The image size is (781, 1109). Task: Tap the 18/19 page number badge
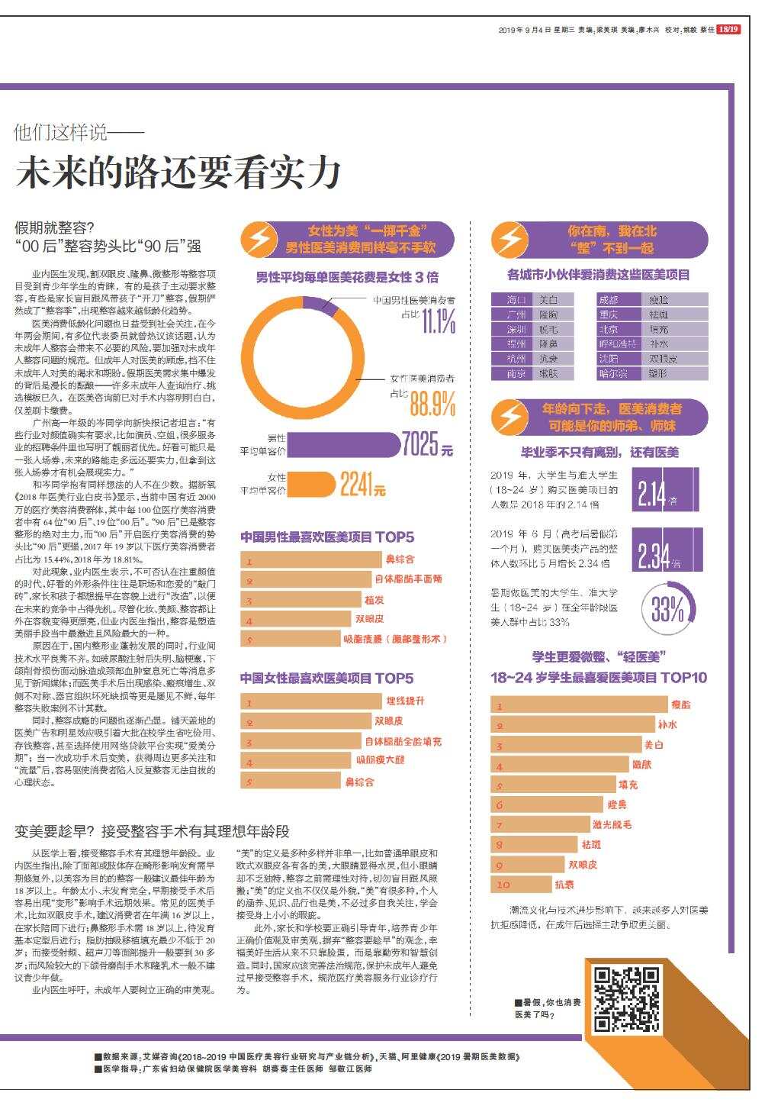point(729,30)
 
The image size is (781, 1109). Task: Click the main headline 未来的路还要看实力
point(178,172)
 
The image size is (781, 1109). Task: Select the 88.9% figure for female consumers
point(432,402)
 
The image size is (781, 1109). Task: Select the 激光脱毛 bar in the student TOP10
point(541,824)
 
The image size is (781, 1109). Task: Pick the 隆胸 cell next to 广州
point(550,314)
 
